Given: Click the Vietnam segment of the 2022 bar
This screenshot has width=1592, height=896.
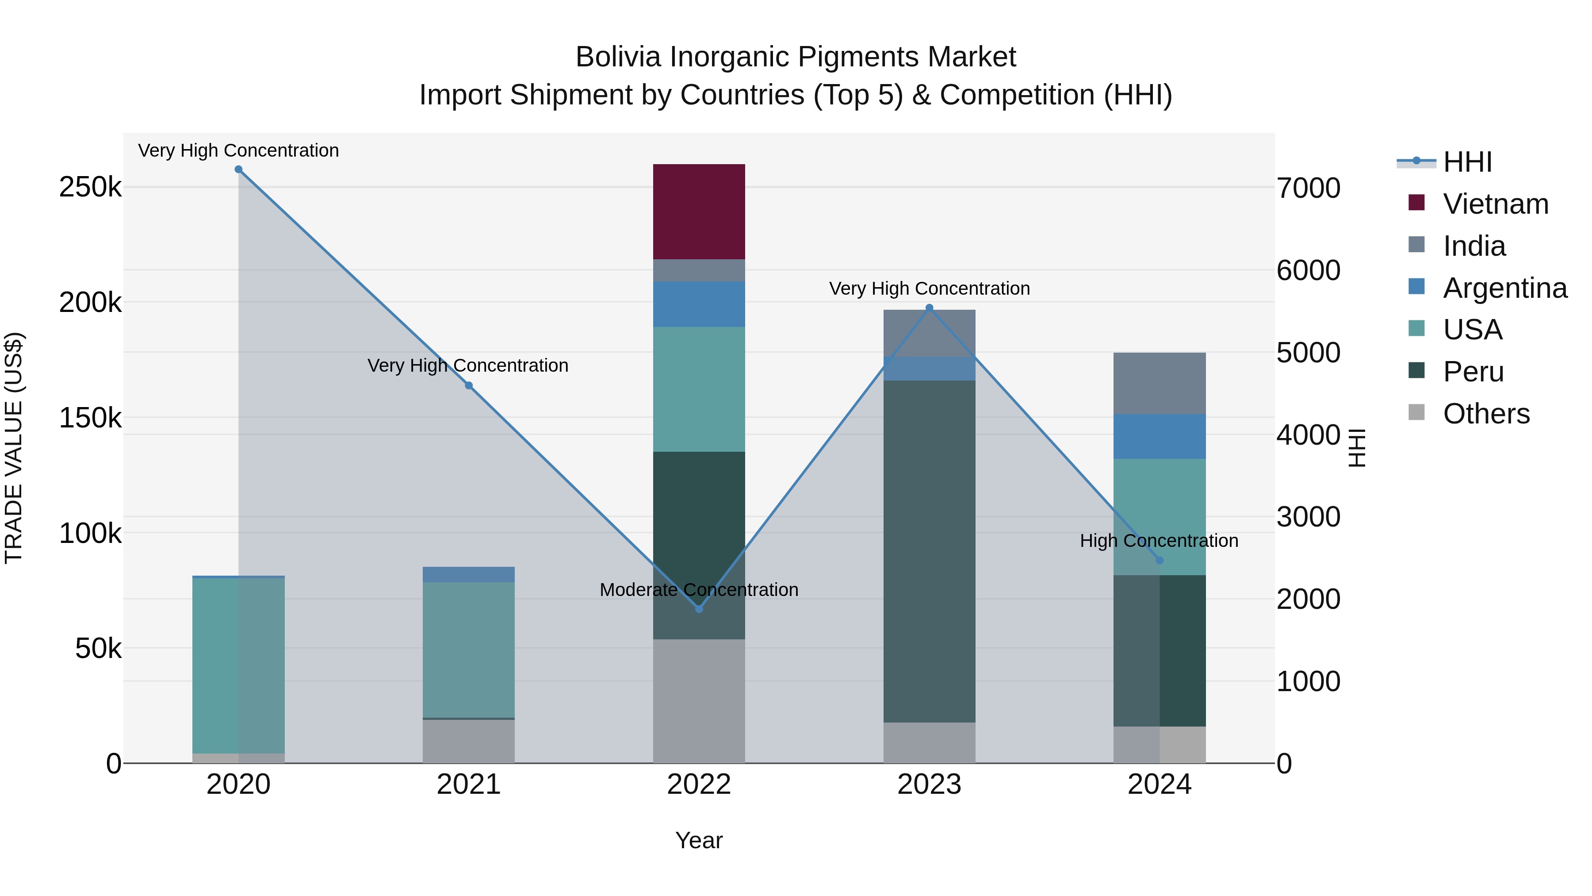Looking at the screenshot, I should click(699, 212).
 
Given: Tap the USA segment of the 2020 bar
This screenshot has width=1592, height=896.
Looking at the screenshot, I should click(238, 665).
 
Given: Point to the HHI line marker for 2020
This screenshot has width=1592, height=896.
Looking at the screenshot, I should click(238, 169).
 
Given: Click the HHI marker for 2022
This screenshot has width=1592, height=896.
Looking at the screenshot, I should click(699, 609).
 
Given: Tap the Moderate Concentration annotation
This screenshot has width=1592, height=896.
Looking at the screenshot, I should click(699, 590).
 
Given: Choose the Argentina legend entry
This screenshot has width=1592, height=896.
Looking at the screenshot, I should click(1504, 288).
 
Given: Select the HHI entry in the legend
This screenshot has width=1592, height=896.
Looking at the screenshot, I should click(1467, 162).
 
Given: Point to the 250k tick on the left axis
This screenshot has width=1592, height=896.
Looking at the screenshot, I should click(90, 187).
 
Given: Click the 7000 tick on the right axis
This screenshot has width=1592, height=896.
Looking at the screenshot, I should click(1309, 188).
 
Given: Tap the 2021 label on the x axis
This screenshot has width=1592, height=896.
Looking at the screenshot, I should click(468, 784).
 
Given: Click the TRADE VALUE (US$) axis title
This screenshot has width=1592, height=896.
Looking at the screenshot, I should click(14, 448).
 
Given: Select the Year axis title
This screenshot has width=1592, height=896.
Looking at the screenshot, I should click(699, 840).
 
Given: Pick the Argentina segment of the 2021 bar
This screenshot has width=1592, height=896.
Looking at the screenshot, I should click(468, 574).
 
